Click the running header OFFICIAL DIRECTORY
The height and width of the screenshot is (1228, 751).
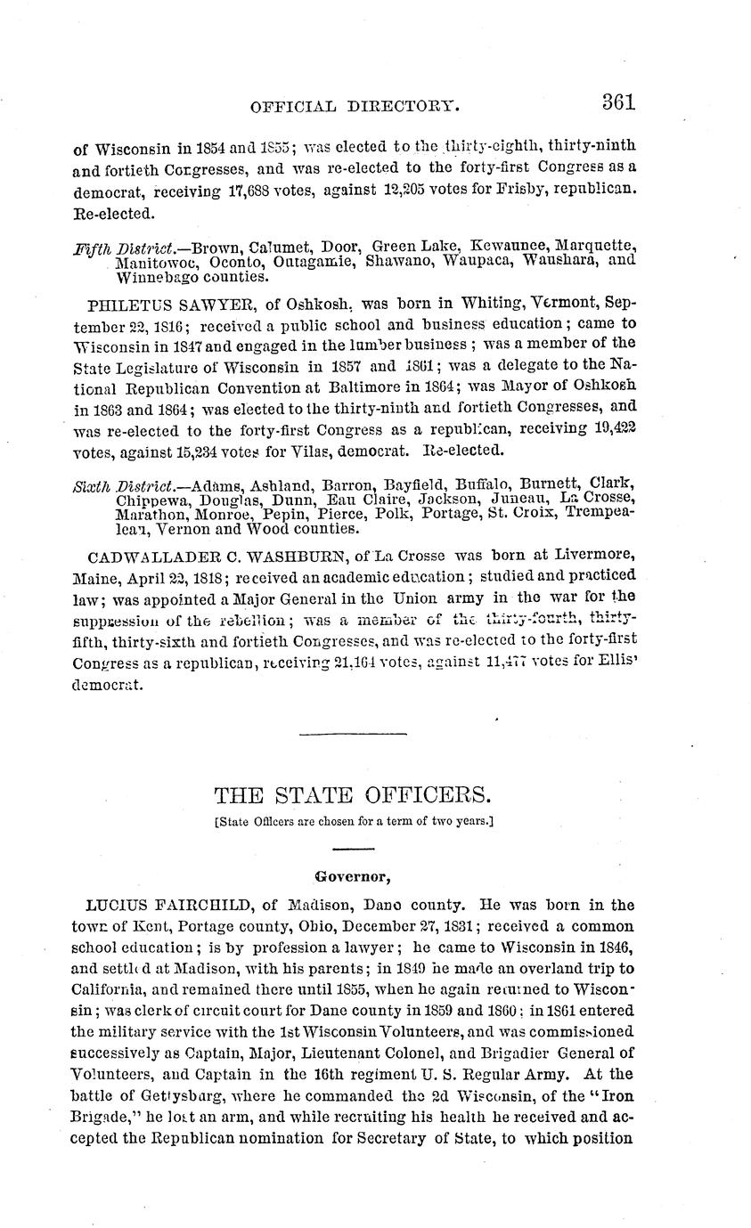tap(355, 107)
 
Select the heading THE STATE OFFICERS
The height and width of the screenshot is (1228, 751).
tap(354, 794)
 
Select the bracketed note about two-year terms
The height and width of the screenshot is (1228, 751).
tap(355, 822)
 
